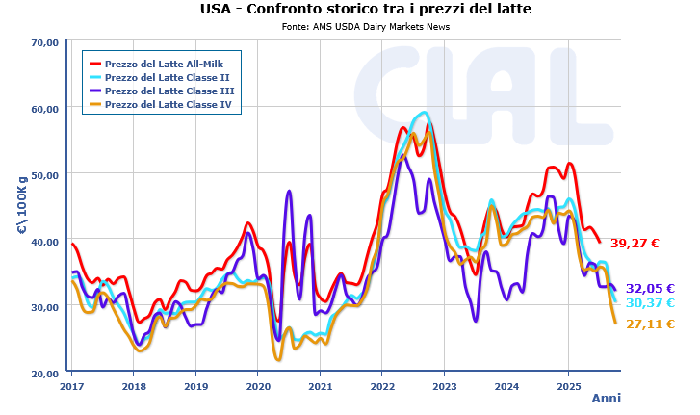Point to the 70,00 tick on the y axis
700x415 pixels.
[45, 42]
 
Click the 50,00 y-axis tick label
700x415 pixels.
[45, 175]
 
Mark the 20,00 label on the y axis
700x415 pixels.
[45, 374]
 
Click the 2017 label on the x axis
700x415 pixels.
[72, 386]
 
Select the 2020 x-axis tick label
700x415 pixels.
[258, 386]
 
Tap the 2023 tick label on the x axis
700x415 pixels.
[444, 386]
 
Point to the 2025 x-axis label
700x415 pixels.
[567, 386]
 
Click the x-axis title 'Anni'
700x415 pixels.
[606, 399]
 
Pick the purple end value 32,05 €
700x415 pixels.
[650, 288]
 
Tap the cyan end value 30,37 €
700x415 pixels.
[650, 303]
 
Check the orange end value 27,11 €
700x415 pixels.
[650, 324]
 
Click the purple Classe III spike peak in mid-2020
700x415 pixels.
[289, 192]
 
